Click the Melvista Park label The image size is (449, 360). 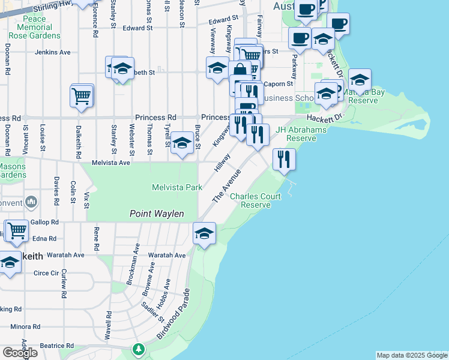tap(178, 188)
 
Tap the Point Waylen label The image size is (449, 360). tap(157, 214)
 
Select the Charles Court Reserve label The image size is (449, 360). tap(255, 200)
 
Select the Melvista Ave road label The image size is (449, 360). tap(110, 163)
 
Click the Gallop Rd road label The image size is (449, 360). tap(46, 222)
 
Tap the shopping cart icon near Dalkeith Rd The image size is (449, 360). tap(82, 95)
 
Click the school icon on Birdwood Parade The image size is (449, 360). tap(204, 233)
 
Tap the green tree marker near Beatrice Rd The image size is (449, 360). tap(139, 349)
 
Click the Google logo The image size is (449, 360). tap(20, 352)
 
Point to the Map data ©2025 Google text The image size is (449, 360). tap(412, 355)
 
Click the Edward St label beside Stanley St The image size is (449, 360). tap(137, 28)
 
